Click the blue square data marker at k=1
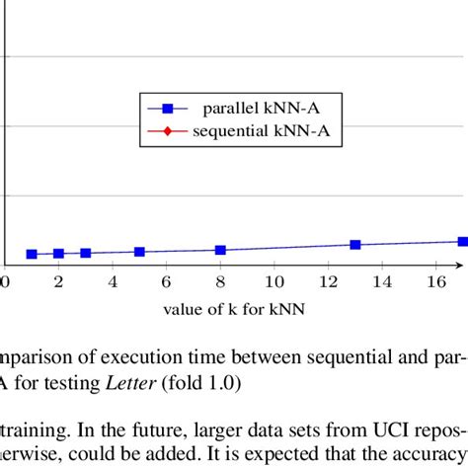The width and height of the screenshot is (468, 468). pos(32,255)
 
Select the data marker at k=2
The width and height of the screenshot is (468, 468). pos(58,254)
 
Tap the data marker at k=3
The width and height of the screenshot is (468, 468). pos(86,254)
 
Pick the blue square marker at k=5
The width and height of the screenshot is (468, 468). pos(139,252)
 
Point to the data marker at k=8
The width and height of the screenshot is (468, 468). pos(220,250)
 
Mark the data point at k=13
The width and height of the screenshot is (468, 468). pos(355,244)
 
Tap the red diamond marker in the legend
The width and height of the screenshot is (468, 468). pos(167,129)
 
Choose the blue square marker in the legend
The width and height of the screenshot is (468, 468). pos(167,107)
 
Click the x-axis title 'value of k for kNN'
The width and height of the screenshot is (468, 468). pos(234,309)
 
